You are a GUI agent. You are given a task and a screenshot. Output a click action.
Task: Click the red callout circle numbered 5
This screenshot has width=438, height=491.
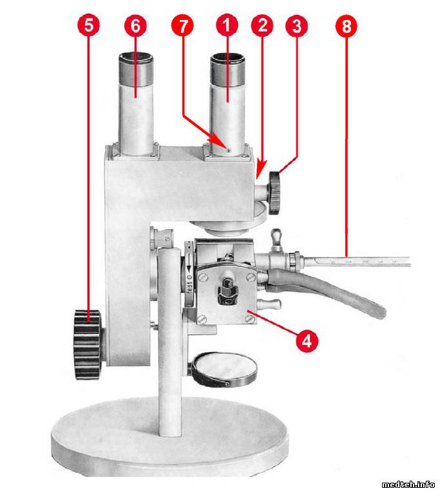click(x=89, y=26)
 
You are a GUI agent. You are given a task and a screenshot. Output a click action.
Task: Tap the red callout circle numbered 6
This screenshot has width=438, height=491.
click(x=135, y=26)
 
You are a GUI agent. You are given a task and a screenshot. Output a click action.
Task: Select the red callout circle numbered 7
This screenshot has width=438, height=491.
click(x=182, y=26)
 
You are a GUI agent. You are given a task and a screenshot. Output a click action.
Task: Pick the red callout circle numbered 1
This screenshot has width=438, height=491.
click(x=227, y=26)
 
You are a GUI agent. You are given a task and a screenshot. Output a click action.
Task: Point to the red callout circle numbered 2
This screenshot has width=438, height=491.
click(x=262, y=26)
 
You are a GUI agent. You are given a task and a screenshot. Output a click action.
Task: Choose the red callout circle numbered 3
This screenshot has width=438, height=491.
click(x=296, y=26)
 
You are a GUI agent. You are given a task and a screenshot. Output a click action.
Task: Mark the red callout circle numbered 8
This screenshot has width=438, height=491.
click(x=346, y=26)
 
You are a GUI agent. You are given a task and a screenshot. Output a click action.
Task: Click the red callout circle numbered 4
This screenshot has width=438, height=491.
click(x=307, y=340)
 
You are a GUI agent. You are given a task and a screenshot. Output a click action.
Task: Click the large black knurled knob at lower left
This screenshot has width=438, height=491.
click(x=88, y=345)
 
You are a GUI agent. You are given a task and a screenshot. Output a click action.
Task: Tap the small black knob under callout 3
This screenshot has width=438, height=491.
click(x=274, y=192)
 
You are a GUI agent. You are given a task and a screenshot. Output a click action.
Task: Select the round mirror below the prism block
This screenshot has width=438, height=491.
click(x=224, y=369)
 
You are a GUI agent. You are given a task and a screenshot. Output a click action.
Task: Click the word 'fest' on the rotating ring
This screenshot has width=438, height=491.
click(x=189, y=286)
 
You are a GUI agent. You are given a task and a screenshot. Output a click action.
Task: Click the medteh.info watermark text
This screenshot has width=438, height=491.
click(x=408, y=485)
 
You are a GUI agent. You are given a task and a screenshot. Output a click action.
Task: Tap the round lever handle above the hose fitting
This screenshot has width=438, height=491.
click(x=276, y=235)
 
